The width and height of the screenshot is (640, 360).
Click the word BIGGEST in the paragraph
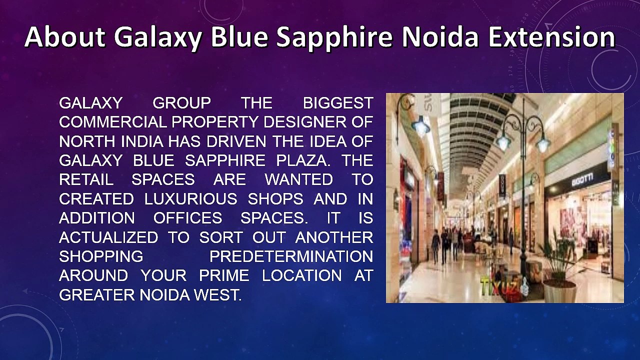[x=338, y=103]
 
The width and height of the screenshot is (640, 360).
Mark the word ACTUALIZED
[x=108, y=237]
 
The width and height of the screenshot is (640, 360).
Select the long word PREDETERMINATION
[x=291, y=256]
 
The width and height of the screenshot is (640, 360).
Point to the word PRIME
[x=224, y=276]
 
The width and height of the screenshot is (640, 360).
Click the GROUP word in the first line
[x=181, y=103]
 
